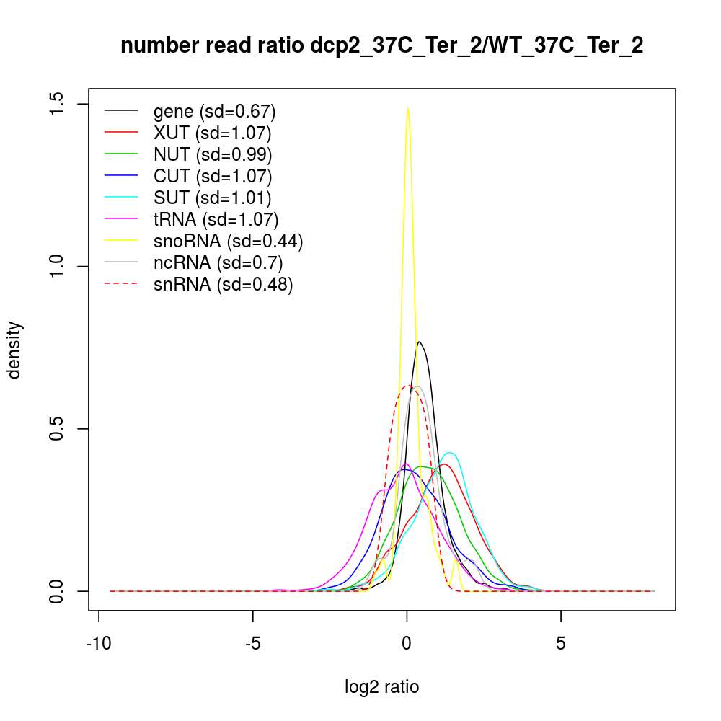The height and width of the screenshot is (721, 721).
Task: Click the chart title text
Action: [x=381, y=46]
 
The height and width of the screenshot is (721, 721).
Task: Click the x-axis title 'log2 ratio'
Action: [x=382, y=687]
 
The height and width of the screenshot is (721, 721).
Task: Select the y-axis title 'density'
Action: [x=15, y=350]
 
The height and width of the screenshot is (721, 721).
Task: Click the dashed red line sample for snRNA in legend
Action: [x=121, y=284]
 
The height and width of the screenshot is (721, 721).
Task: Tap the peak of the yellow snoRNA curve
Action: [x=408, y=108]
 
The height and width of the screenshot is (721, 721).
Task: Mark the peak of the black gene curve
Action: [x=418, y=342]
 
